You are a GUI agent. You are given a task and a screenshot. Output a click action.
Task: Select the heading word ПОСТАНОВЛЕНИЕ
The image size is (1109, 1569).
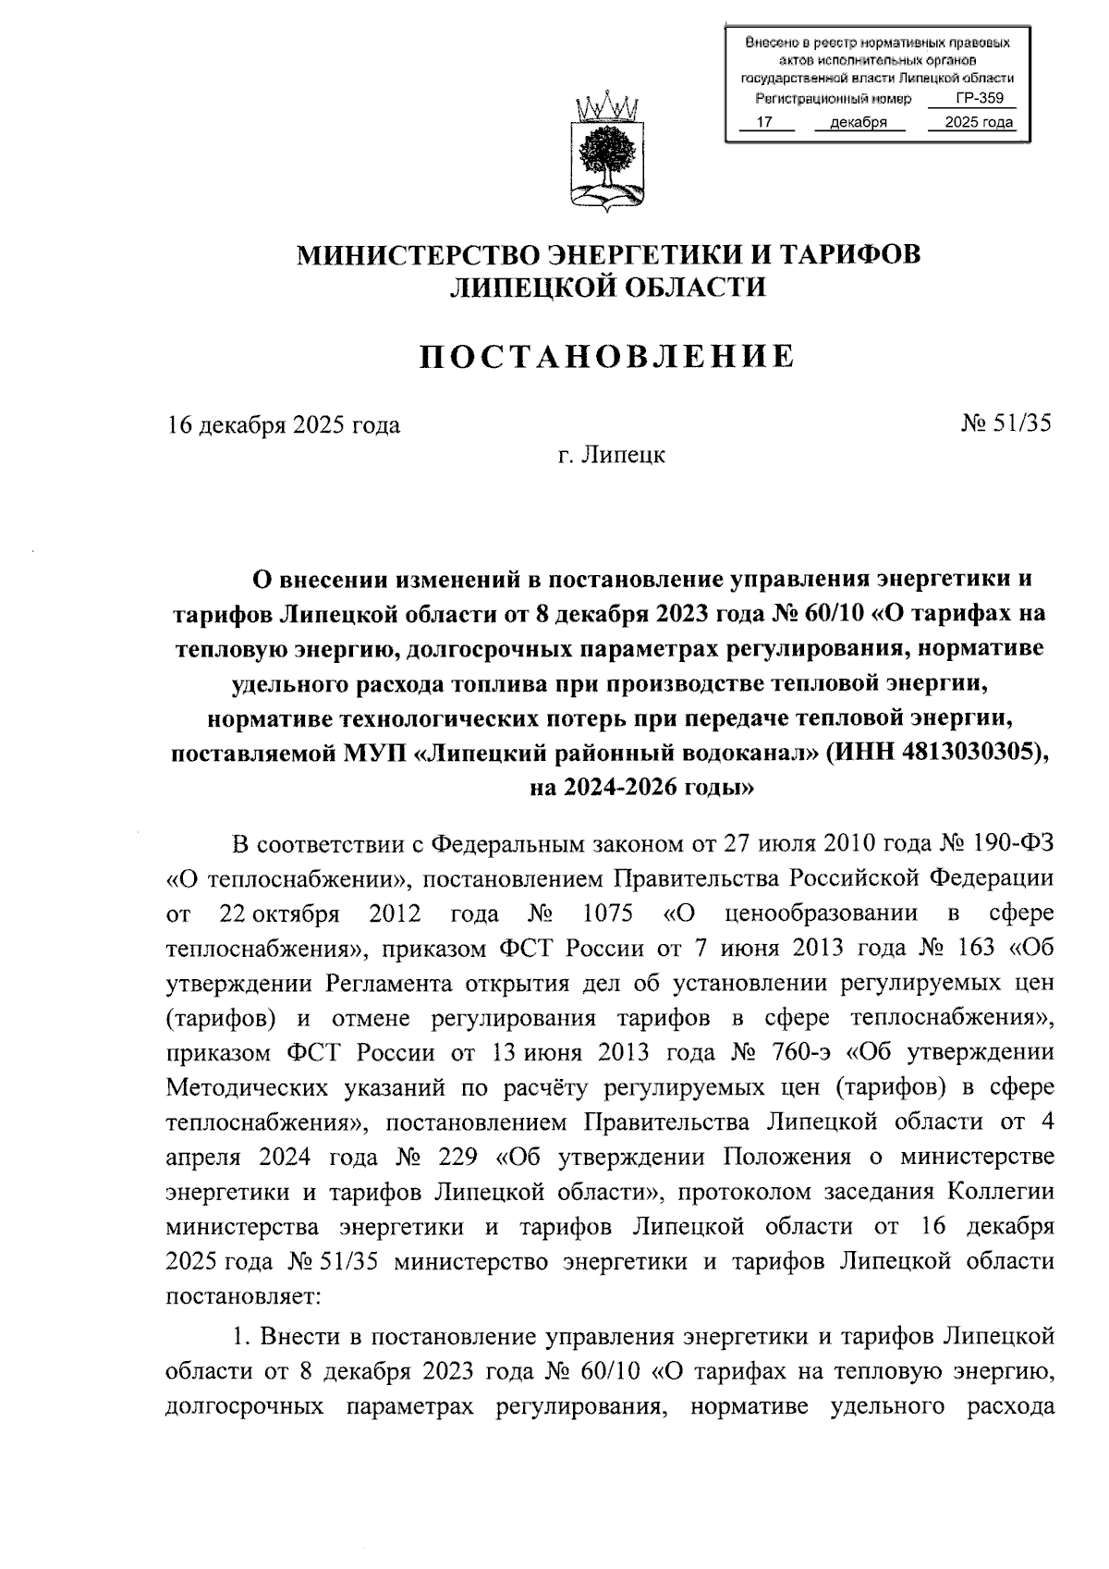pyautogui.click(x=607, y=356)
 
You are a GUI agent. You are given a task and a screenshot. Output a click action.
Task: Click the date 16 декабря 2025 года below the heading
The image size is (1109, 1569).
pyautogui.click(x=284, y=424)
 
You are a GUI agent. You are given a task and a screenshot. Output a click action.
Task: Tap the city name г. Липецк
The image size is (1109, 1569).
pyautogui.click(x=611, y=455)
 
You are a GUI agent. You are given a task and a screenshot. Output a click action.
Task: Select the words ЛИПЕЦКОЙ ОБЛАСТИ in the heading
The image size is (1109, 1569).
pyautogui.click(x=607, y=288)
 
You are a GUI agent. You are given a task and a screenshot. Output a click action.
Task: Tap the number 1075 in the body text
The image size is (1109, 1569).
pyautogui.click(x=607, y=913)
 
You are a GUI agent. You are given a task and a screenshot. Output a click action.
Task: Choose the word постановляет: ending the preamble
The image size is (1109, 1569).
pyautogui.click(x=243, y=1297)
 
